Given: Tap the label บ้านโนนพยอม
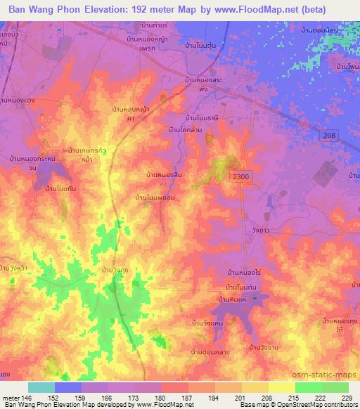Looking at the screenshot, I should pyautogui.click(x=155, y=199).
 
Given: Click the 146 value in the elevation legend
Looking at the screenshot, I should pyautogui.click(x=26, y=398).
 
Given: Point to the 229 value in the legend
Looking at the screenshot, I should pyautogui.click(x=347, y=398).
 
